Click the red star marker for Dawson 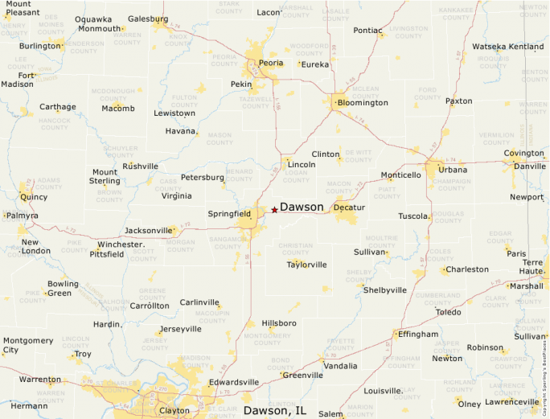tap(274, 210)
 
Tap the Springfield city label tap(229, 215)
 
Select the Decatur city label tap(349, 207)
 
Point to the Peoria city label tap(271, 63)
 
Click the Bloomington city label tap(363, 103)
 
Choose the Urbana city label tap(453, 170)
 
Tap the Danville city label tap(529, 166)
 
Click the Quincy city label tap(33, 196)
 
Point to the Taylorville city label tap(307, 265)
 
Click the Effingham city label tap(418, 334)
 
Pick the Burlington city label tap(40, 46)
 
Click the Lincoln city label tap(301, 165)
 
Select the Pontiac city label tap(368, 31)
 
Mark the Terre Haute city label tap(532, 267)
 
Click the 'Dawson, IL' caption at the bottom tap(275, 411)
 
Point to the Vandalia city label tap(340, 366)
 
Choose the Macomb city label tap(118, 109)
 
